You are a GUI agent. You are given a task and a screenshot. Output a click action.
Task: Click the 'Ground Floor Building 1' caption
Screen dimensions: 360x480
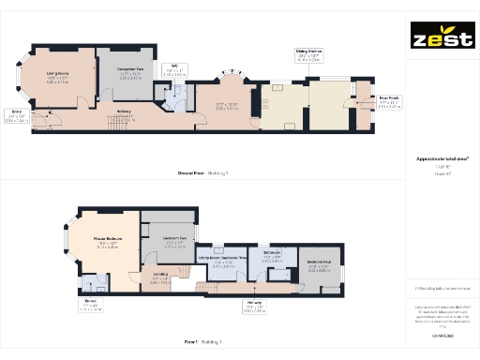(202, 173)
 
